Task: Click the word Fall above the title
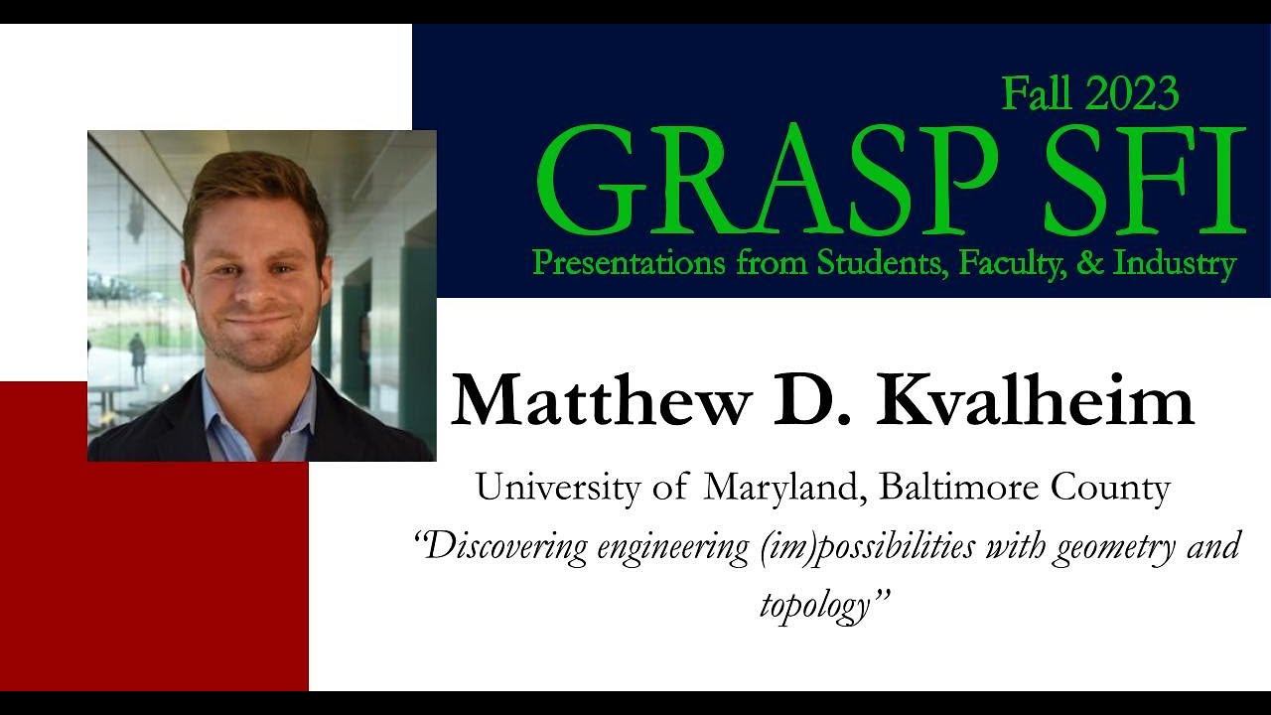(x=1038, y=94)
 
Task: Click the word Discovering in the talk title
(x=505, y=547)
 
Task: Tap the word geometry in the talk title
(x=1103, y=547)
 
